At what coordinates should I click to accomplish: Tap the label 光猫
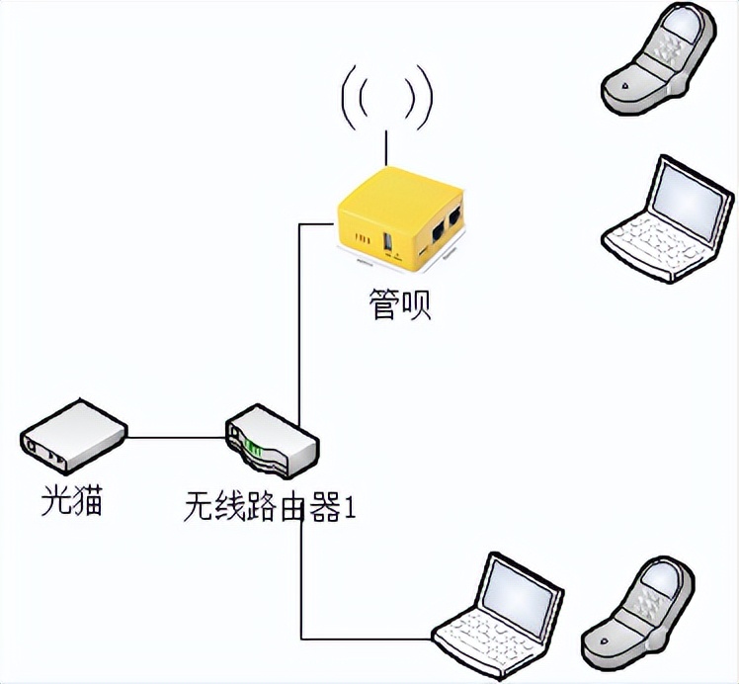(x=71, y=502)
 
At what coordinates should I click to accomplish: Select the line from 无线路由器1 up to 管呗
(x=299, y=316)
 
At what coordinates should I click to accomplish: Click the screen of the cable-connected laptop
(x=523, y=592)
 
